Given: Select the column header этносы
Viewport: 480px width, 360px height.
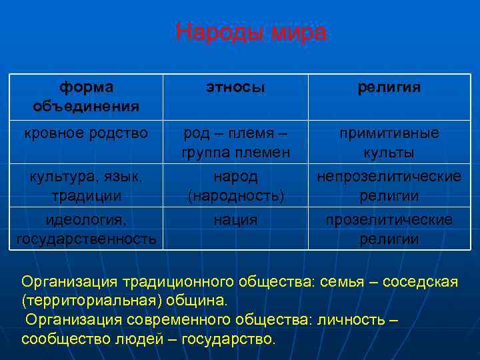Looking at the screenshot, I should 235,87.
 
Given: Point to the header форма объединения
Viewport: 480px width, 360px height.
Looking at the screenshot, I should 86,97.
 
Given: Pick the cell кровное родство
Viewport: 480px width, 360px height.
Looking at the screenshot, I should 86,133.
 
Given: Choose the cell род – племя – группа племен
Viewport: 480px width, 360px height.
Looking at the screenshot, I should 235,143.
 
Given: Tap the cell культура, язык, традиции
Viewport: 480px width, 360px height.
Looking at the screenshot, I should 86,186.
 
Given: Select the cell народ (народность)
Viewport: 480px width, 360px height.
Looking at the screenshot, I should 235,186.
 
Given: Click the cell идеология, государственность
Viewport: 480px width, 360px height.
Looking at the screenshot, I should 86,229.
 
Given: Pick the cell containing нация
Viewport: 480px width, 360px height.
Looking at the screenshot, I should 235,220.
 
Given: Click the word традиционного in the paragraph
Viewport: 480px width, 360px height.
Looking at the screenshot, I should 167,282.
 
